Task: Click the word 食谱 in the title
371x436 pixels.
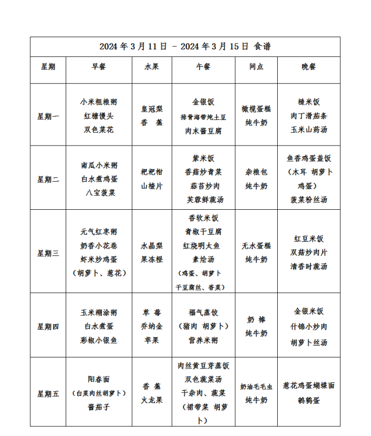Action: (263, 46)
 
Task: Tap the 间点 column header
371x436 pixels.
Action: (256, 66)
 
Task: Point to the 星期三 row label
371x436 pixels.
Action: (48, 253)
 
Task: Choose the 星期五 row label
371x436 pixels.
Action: (48, 394)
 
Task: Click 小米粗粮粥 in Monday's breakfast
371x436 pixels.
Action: (99, 102)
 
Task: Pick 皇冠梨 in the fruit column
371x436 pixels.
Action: (152, 108)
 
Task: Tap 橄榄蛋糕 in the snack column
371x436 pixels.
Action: (256, 108)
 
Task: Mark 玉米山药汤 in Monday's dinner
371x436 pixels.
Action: (309, 129)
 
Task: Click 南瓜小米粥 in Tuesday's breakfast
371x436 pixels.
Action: (99, 165)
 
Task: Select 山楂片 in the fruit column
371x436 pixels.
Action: (152, 186)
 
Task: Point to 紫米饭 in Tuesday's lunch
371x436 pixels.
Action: (204, 158)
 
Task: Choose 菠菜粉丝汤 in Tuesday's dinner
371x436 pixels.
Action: (309, 200)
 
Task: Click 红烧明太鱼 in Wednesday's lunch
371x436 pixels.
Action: (204, 246)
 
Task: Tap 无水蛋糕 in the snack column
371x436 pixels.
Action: (256, 246)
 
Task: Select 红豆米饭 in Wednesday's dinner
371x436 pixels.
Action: (309, 239)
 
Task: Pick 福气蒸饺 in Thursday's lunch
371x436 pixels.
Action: (204, 312)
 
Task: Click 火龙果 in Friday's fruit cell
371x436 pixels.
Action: (152, 400)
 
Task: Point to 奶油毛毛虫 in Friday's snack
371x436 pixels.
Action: (256, 387)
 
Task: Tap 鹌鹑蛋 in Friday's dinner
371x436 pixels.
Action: (309, 400)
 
